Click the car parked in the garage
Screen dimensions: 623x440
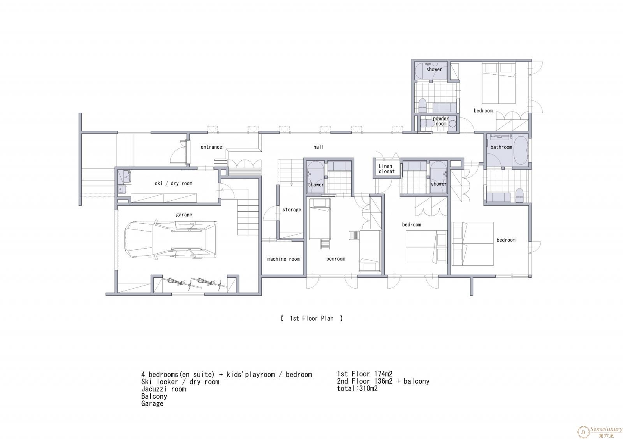[171, 240]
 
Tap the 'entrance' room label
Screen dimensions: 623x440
[211, 147]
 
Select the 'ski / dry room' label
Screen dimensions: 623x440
[174, 184]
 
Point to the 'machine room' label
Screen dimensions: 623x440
[283, 259]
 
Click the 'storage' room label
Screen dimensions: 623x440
[292, 210]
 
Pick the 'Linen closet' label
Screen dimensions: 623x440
[386, 169]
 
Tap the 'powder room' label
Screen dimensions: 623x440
[441, 121]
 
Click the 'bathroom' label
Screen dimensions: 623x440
[501, 147]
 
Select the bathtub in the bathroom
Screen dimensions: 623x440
[521, 151]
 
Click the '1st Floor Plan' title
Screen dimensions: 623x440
[312, 319]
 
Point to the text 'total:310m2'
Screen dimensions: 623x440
[357, 389]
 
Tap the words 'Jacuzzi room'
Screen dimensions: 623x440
[164, 389]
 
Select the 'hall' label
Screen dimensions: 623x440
[319, 147]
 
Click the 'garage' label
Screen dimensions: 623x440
[184, 215]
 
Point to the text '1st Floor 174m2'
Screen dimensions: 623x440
[364, 374]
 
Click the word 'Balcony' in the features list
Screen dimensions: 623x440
[154, 396]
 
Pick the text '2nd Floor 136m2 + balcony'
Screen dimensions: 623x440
[383, 381]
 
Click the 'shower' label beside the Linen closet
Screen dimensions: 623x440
[438, 184]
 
